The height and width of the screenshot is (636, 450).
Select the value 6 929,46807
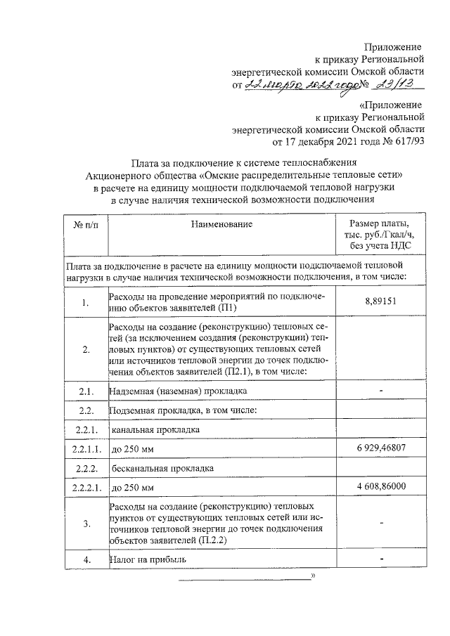coord(380,447)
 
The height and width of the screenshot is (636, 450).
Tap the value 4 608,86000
coord(380,486)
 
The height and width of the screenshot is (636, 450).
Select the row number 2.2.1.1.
coord(86,448)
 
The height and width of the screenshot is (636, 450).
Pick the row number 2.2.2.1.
coord(86,486)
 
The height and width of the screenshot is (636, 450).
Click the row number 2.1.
coord(86,390)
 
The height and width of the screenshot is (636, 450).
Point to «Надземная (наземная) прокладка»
coord(177,390)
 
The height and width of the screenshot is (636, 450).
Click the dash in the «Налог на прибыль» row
coord(380,559)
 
